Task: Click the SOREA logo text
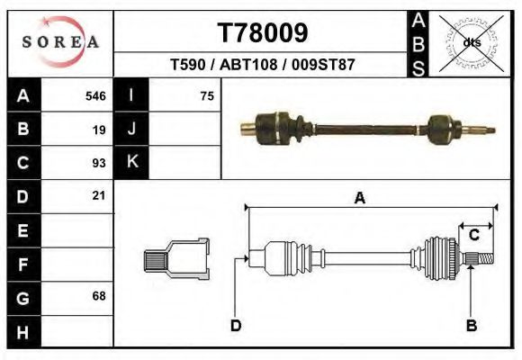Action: (x=60, y=42)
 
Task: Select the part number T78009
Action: (x=263, y=33)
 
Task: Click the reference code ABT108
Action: (x=263, y=66)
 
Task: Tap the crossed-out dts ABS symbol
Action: (x=472, y=41)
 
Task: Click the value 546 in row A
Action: (x=95, y=95)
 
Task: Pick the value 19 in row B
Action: (x=99, y=129)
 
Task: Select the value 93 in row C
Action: (x=99, y=163)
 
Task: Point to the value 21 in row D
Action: (x=99, y=195)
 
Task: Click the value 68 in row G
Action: (x=99, y=296)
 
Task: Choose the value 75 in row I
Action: (x=207, y=95)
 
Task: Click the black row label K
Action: (x=131, y=162)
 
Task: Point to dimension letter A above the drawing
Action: (x=360, y=199)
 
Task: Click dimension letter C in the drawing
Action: (x=473, y=235)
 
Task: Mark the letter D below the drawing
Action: (x=236, y=326)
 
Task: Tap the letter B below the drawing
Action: (x=471, y=326)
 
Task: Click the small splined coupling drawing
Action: (x=176, y=259)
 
